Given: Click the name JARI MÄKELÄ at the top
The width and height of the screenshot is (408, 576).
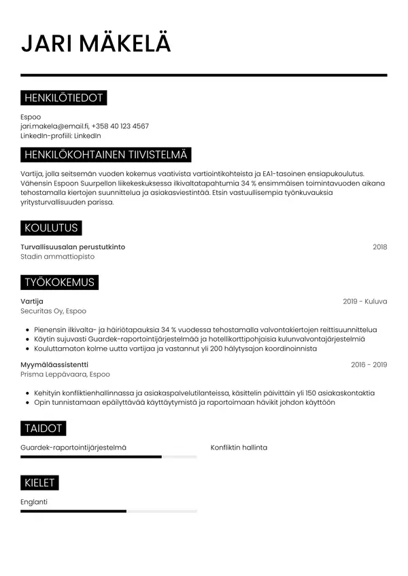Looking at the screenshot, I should click(96, 43).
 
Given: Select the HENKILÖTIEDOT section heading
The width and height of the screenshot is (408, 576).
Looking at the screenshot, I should click(63, 98).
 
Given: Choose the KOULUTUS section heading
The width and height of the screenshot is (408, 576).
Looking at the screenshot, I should click(51, 228).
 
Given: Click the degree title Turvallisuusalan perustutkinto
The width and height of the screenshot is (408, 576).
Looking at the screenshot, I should click(73, 247).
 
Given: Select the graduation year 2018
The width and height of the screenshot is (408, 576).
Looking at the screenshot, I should click(379, 247).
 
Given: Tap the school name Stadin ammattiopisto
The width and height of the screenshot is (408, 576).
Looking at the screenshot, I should click(58, 257).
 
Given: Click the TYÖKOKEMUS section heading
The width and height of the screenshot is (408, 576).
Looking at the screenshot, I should click(59, 282).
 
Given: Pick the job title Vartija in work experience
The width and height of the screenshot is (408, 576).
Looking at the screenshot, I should click(32, 301).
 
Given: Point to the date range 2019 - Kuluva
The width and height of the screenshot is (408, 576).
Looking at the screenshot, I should click(364, 301).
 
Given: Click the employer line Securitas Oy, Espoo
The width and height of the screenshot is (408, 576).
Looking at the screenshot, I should click(54, 311).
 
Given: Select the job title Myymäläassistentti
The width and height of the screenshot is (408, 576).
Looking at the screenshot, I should click(59, 365).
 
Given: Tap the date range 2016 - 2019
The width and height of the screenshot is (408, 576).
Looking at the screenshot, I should click(369, 365).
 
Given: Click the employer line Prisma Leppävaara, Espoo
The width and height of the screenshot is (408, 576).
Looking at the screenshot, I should click(65, 374).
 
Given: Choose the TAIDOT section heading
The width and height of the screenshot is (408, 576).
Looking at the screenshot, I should click(44, 428).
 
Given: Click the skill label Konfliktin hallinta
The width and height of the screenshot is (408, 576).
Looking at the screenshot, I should click(239, 448).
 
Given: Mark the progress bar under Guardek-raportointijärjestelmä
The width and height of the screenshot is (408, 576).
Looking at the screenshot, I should click(109, 457).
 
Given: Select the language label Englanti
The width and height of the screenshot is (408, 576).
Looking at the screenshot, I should click(34, 502).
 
